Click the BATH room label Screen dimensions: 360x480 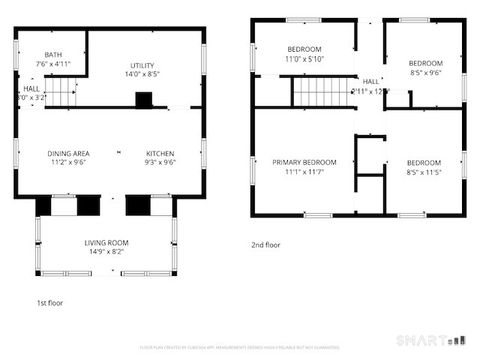tap(54, 55)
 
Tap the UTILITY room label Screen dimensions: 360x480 tap(143, 64)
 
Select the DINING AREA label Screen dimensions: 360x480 tap(68, 153)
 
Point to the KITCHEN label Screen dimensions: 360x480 tap(160, 153)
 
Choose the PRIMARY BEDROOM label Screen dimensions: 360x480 tap(304, 162)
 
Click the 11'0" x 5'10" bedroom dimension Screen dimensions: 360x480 tap(304, 59)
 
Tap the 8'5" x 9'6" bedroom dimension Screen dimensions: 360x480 tap(425, 72)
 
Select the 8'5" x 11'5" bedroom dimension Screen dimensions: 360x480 tap(424, 172)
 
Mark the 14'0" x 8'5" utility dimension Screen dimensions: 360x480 tap(143, 74)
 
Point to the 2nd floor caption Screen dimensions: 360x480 tap(266, 244)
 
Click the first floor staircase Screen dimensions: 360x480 tap(62, 95)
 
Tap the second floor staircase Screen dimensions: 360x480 tap(319, 93)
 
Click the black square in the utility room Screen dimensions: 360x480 tap(144, 100)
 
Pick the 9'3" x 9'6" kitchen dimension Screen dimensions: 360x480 tap(160, 163)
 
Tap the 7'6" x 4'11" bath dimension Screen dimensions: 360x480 tap(54, 64)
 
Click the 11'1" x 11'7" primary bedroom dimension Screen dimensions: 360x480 tap(304, 172)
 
